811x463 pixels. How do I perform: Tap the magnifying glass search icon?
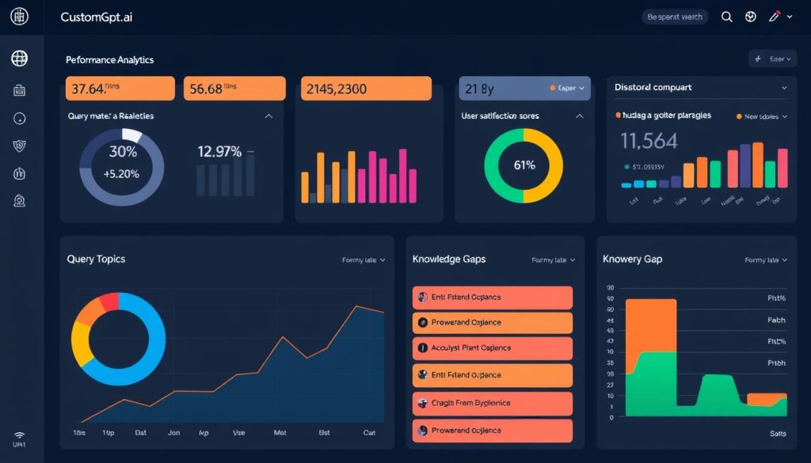pyautogui.click(x=725, y=17)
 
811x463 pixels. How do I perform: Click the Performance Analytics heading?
pyautogui.click(x=110, y=59)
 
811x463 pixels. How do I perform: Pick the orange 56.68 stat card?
pyautogui.click(x=234, y=89)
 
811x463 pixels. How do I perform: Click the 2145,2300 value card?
pyautogui.click(x=366, y=89)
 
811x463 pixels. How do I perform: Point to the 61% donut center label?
pyautogui.click(x=524, y=165)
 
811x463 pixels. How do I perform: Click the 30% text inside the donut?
pyautogui.click(x=123, y=152)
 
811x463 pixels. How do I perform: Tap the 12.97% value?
pyautogui.click(x=219, y=151)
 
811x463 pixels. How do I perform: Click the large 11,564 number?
pyautogui.click(x=649, y=141)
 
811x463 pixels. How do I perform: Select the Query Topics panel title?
pyautogui.click(x=96, y=259)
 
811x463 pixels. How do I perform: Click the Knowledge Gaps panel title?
pyautogui.click(x=449, y=259)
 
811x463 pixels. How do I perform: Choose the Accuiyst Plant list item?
pyautogui.click(x=492, y=348)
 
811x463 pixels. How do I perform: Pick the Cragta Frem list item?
pyautogui.click(x=492, y=403)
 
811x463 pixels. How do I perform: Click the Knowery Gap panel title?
pyautogui.click(x=632, y=259)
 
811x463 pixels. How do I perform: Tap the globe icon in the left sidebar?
pyautogui.click(x=20, y=58)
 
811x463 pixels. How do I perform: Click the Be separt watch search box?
pyautogui.click(x=675, y=17)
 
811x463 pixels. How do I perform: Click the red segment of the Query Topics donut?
pyautogui.click(x=108, y=302)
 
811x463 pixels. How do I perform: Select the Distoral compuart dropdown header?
pyautogui.click(x=701, y=88)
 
